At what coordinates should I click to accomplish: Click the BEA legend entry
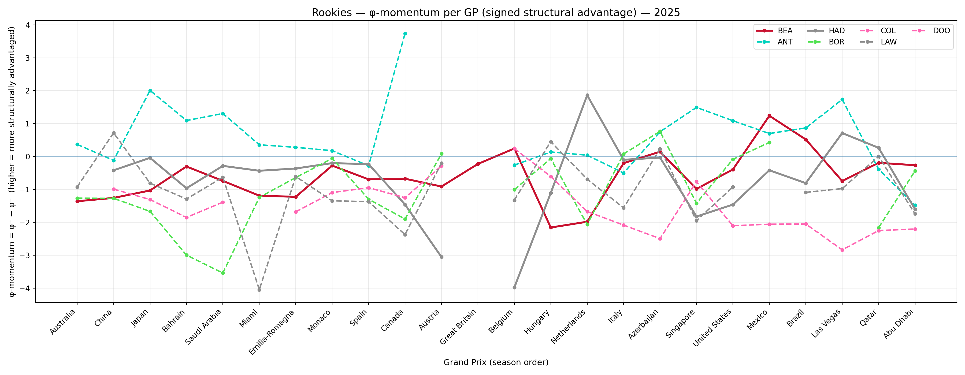click(x=785, y=31)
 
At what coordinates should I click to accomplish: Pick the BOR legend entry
click(x=836, y=42)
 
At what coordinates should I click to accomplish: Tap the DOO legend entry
click(x=941, y=31)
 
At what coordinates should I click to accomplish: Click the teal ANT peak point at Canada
click(x=405, y=34)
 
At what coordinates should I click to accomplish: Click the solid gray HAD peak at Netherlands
click(x=587, y=95)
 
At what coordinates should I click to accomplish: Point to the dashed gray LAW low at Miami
click(x=259, y=290)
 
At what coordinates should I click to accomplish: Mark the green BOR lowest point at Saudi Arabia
click(x=223, y=273)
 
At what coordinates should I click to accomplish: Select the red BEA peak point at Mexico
click(x=769, y=116)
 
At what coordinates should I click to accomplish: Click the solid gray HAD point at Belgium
click(x=514, y=287)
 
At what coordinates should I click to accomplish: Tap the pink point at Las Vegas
click(x=842, y=250)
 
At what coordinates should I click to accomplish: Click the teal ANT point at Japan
click(x=150, y=91)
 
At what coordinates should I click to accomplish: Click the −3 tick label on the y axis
click(x=25, y=255)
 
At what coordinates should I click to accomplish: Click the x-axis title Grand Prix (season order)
click(x=496, y=362)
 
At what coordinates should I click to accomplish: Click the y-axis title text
click(x=12, y=161)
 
